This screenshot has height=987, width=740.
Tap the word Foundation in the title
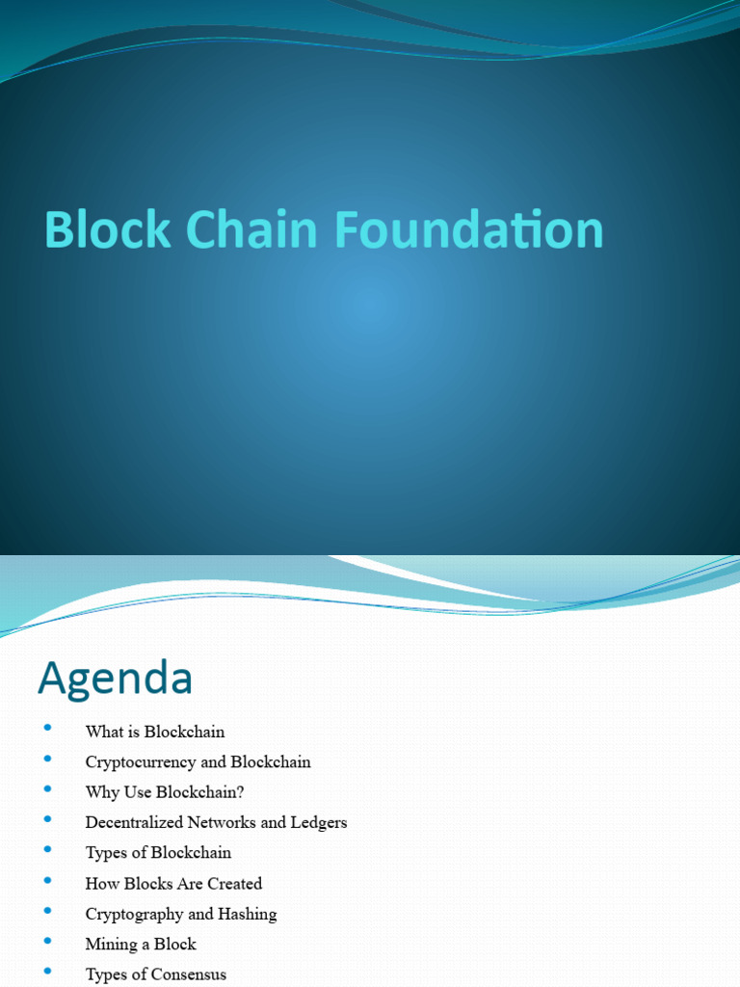pyautogui.click(x=469, y=230)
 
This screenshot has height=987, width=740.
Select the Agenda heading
pyautogui.click(x=115, y=679)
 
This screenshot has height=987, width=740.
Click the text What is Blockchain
pyautogui.click(x=155, y=732)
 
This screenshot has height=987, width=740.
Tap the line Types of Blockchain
pyautogui.click(x=158, y=853)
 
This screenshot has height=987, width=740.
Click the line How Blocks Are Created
pyautogui.click(x=173, y=884)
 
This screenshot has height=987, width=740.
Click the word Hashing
pyautogui.click(x=247, y=915)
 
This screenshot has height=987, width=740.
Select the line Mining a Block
pyautogui.click(x=141, y=945)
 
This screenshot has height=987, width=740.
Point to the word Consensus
pyautogui.click(x=190, y=974)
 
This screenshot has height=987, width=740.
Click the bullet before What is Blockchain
pyautogui.click(x=47, y=729)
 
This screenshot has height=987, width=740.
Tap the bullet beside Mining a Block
pyautogui.click(x=47, y=941)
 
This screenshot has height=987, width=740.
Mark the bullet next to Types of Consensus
pyautogui.click(x=47, y=972)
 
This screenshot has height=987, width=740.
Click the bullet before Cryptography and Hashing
pyautogui.click(x=47, y=911)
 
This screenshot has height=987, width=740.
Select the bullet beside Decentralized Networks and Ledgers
pyautogui.click(x=47, y=819)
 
